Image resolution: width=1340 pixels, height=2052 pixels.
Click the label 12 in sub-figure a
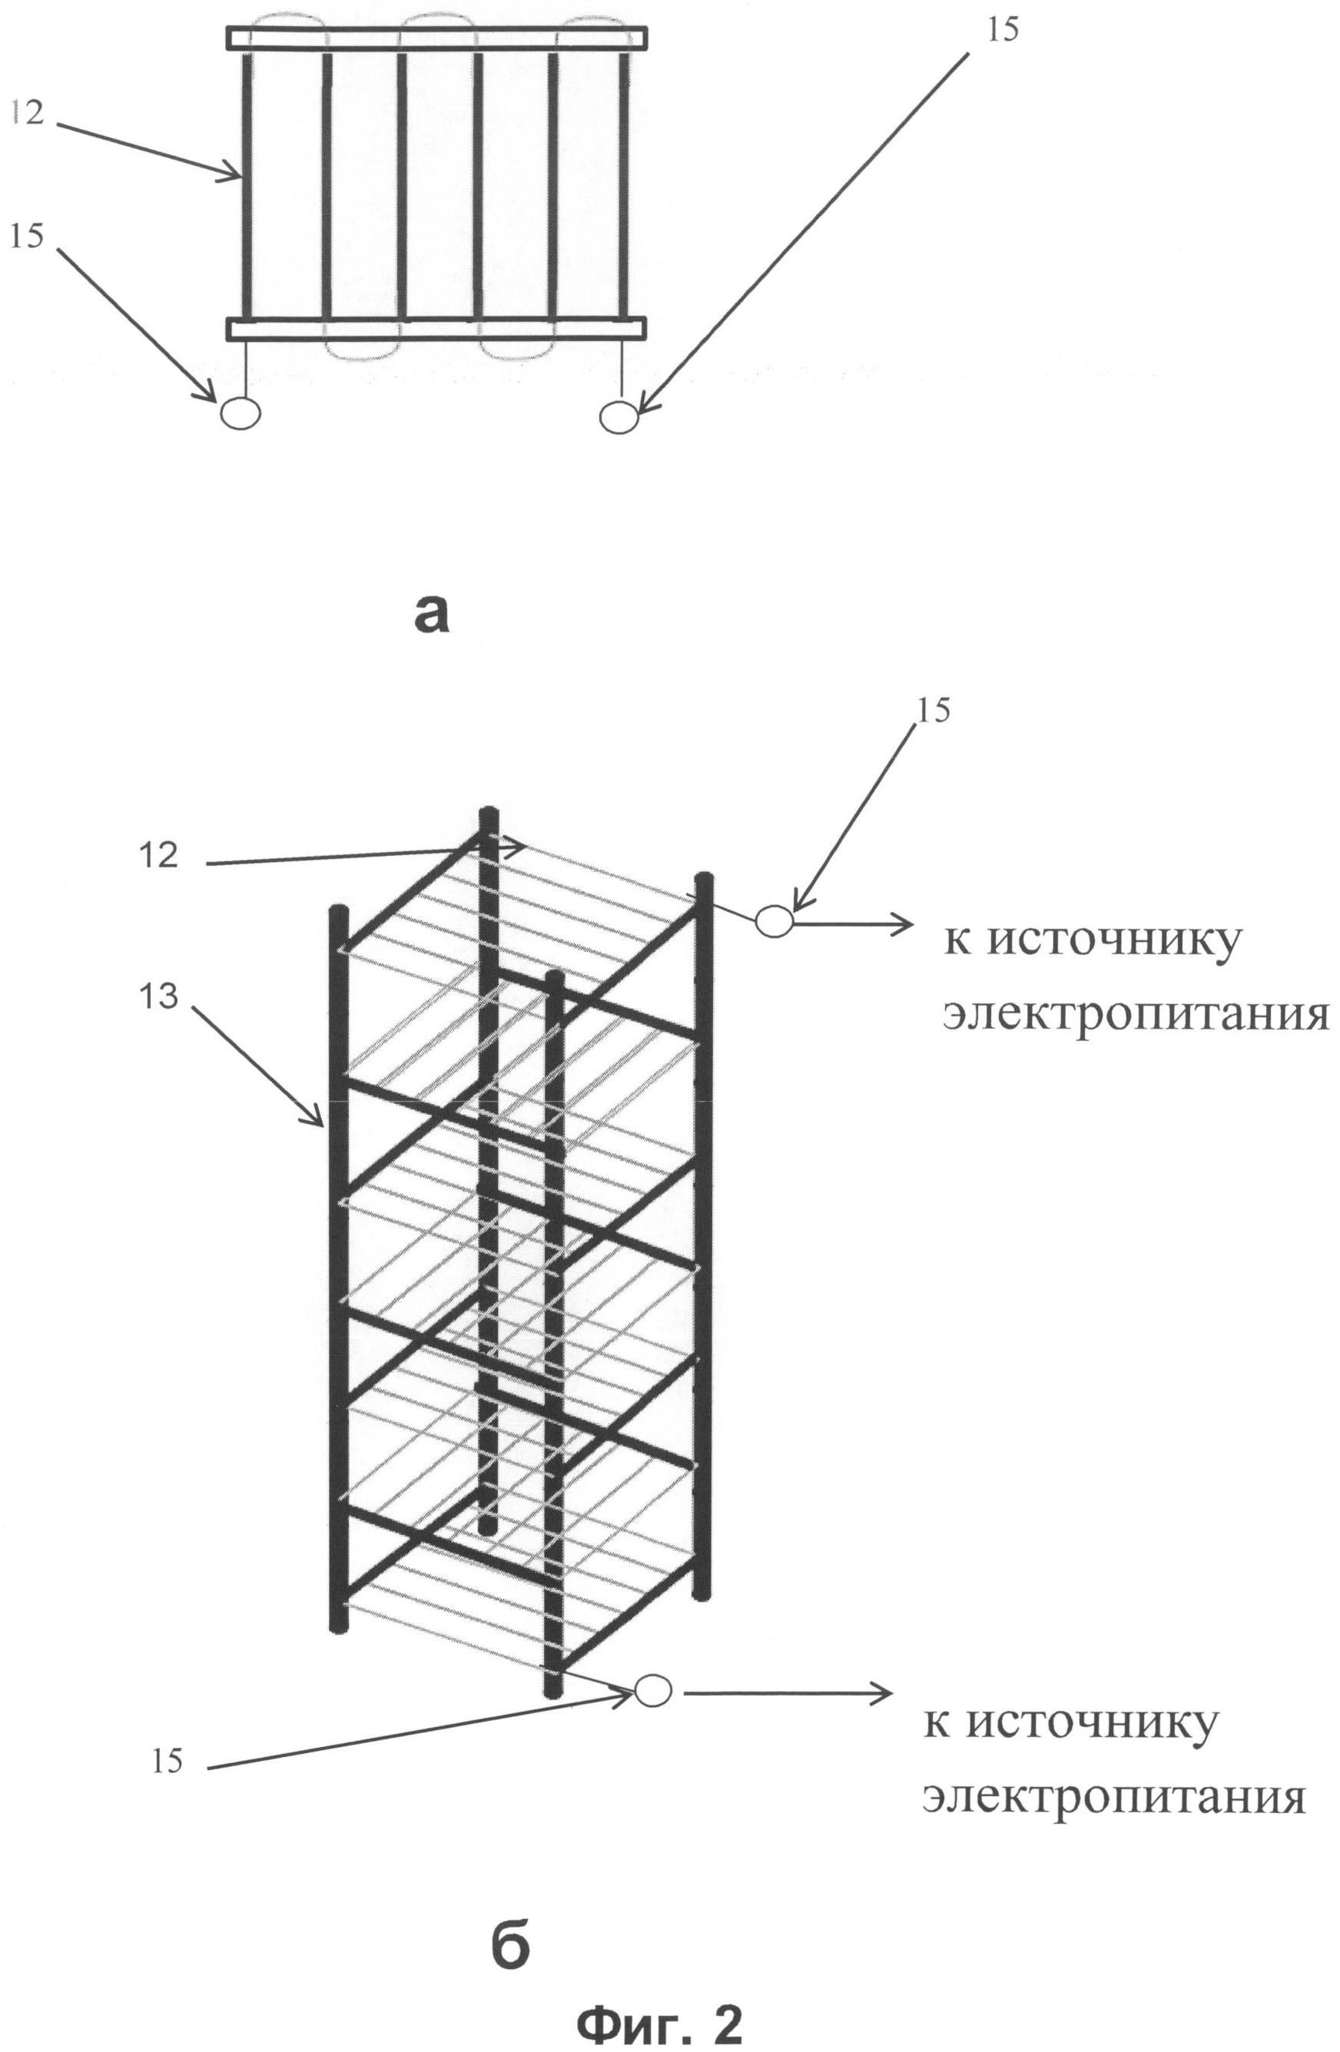(x=28, y=111)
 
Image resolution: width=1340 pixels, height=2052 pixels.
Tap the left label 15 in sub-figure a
(x=28, y=234)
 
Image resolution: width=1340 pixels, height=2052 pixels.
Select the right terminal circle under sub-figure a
(x=619, y=417)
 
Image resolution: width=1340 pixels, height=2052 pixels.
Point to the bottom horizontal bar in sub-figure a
(x=436, y=329)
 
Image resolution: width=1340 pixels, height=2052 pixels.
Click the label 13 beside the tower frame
(x=158, y=996)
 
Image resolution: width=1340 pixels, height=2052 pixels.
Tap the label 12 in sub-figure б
(x=158, y=854)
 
